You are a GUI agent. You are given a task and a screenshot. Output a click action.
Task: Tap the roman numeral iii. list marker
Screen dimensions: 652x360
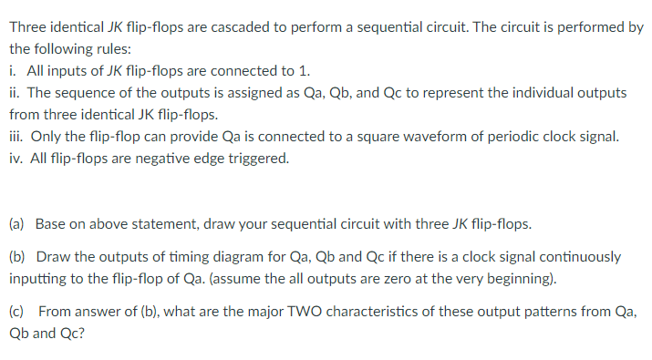17,138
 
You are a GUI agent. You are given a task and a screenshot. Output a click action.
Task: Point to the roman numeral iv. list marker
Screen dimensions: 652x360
16,159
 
